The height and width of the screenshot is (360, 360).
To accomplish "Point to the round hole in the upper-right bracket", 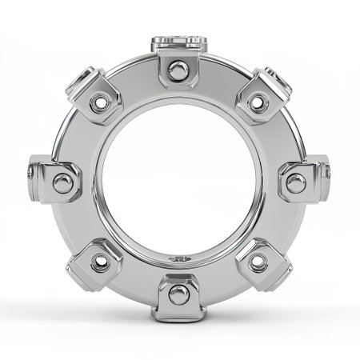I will tap(258, 102).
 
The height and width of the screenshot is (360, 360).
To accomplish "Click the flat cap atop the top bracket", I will tap(179, 40).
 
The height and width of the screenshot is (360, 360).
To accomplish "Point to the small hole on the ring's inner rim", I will tap(179, 258).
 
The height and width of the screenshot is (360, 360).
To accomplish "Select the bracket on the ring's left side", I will tap(58, 182).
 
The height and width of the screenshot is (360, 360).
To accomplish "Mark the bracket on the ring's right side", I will tap(301, 182).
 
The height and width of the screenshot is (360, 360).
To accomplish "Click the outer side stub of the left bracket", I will tap(30, 173).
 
